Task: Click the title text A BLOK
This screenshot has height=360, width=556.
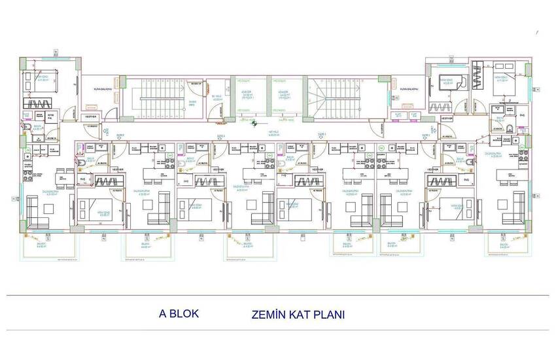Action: click(179, 314)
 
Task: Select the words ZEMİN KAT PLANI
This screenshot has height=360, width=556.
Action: click(298, 314)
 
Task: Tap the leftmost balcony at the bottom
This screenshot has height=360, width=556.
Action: click(46, 247)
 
